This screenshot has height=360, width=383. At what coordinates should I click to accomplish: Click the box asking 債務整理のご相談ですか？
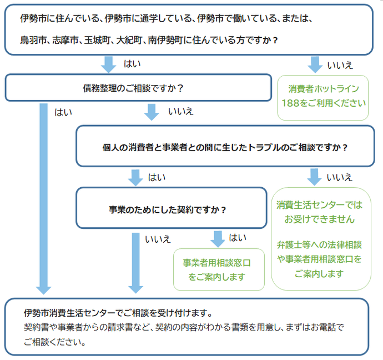(x=133, y=88)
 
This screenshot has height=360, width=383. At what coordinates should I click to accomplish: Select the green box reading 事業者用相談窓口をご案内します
(x=219, y=269)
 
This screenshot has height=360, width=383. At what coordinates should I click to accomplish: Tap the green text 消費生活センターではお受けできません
(x=320, y=212)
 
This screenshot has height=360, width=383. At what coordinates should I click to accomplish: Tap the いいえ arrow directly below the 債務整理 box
(x=151, y=112)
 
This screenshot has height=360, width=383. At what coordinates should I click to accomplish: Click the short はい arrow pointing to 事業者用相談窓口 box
(x=218, y=239)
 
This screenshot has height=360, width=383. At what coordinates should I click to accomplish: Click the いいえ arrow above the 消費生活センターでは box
(x=315, y=177)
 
